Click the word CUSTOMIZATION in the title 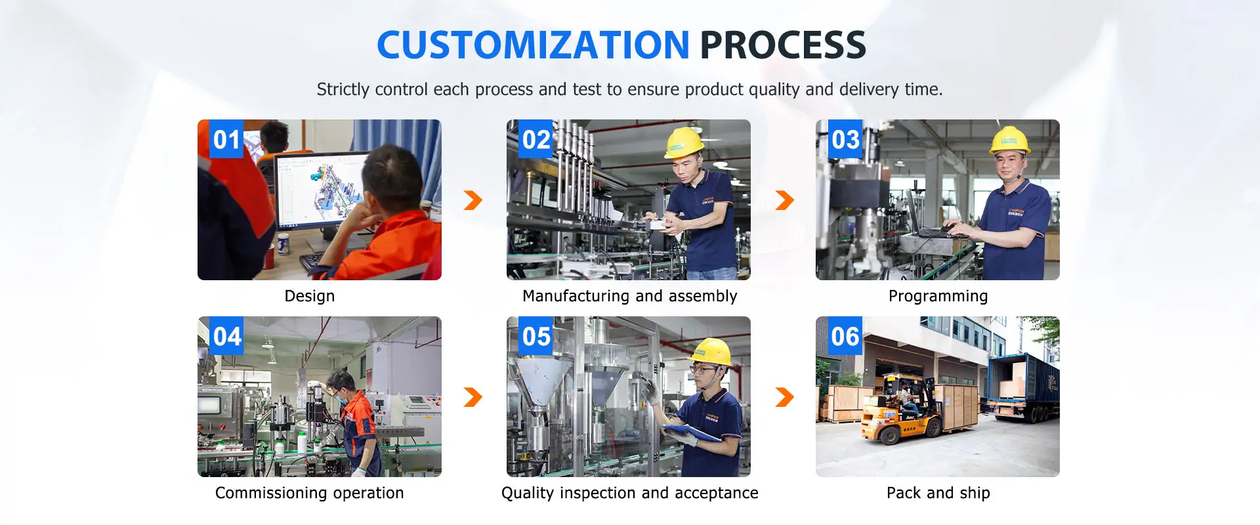click(533, 45)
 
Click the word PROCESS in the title click(783, 45)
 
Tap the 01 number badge click(226, 139)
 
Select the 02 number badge click(535, 139)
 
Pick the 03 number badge click(845, 139)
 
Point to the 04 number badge click(226, 336)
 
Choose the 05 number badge click(535, 336)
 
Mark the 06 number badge click(845, 336)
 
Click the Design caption click(310, 297)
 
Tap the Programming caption click(938, 297)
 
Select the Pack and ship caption click(938, 493)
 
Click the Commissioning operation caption click(310, 493)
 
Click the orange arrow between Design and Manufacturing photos click(473, 200)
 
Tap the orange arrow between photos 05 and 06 click(785, 397)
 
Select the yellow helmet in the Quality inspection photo click(711, 352)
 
